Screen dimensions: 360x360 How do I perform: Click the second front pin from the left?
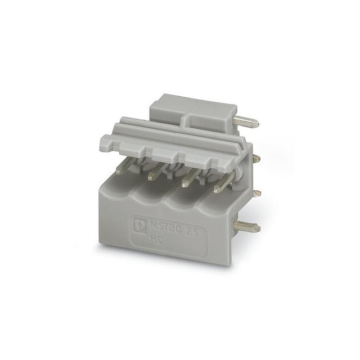(155, 173)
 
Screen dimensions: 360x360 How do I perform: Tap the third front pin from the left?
(188, 178)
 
